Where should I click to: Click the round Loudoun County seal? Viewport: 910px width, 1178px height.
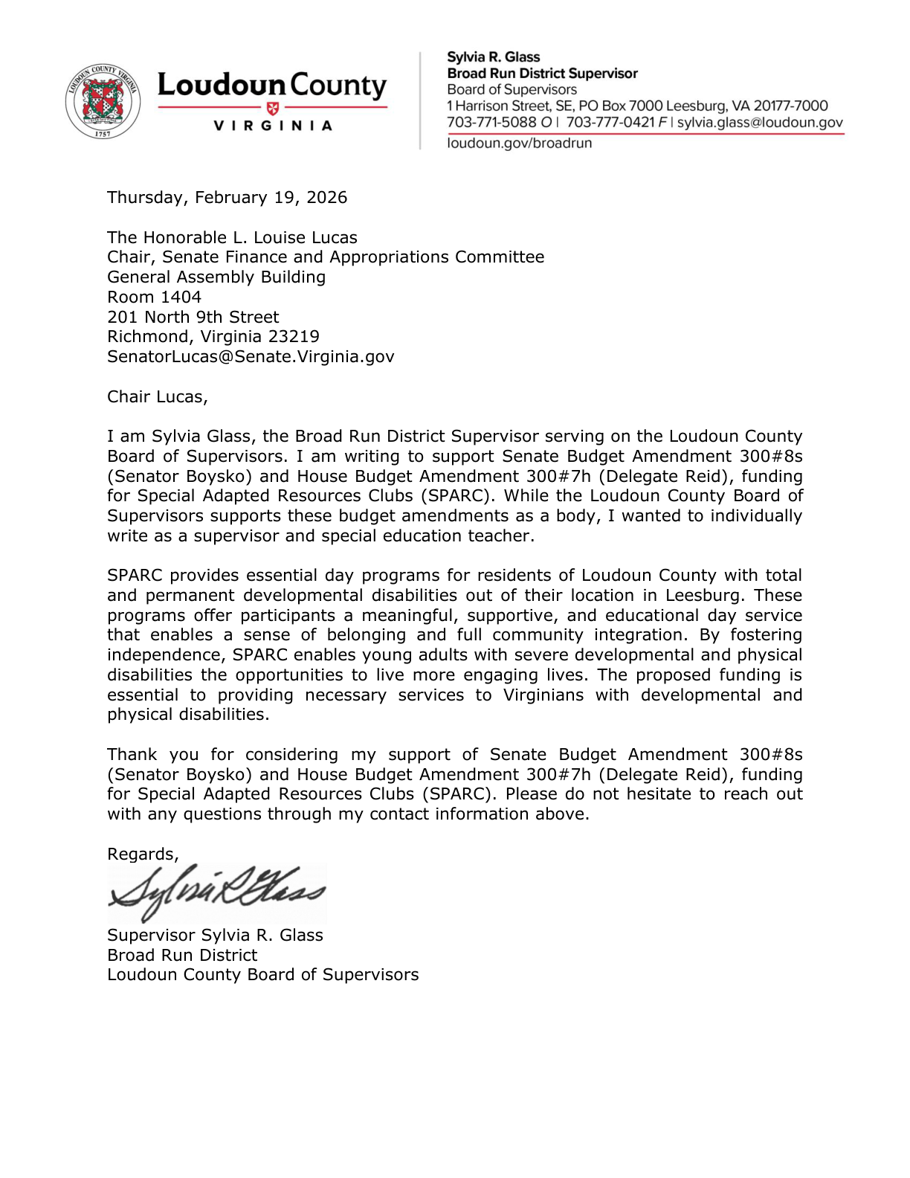(x=103, y=103)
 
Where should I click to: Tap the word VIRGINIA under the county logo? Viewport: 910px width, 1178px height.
(x=272, y=126)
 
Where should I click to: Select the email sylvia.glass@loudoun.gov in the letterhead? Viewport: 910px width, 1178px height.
(x=759, y=123)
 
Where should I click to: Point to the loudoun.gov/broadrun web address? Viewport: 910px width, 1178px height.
(x=519, y=144)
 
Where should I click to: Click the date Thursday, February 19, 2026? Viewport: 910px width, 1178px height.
(x=227, y=198)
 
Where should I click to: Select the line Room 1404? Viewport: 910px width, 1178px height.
(x=154, y=297)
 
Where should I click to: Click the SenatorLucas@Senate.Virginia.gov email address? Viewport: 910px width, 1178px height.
(x=251, y=357)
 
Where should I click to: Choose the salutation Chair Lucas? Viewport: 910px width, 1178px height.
(x=157, y=397)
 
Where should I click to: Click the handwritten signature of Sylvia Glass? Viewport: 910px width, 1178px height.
(x=216, y=892)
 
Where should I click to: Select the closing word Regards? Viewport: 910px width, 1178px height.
(x=143, y=854)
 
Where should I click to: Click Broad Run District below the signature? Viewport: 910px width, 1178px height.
(x=182, y=956)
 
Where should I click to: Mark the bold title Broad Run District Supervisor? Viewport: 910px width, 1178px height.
(x=542, y=74)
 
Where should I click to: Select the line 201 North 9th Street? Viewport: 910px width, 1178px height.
(x=193, y=318)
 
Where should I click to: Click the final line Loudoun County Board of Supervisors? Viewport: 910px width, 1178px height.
(x=262, y=975)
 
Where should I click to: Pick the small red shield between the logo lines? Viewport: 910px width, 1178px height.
(x=272, y=108)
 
